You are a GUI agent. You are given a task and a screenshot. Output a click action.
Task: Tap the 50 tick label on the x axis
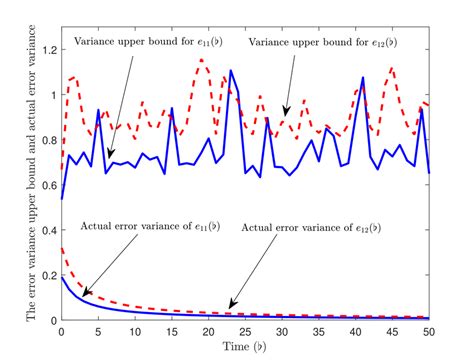[x=428, y=332]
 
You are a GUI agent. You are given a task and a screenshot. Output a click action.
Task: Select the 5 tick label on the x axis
[x=98, y=332]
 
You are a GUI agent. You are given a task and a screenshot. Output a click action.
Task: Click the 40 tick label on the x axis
[x=355, y=332]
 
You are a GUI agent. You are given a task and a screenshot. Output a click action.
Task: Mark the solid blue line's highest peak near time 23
[x=231, y=71]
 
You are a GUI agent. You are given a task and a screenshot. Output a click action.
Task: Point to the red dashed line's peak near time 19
[x=201, y=59]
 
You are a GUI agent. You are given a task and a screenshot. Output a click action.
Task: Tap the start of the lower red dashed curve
[x=62, y=248]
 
